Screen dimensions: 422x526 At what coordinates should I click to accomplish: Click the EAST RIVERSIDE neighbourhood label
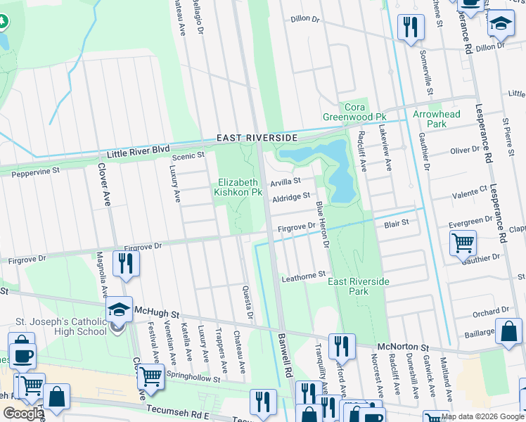coord(257,138)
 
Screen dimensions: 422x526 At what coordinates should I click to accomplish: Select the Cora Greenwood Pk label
coord(345,111)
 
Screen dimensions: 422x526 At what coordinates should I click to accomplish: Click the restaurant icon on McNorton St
coord(341,345)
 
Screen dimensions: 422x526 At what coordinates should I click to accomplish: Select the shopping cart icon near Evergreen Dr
coord(463,243)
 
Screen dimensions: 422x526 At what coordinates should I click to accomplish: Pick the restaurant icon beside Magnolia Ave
coord(127,263)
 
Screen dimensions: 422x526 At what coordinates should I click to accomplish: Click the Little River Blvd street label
coord(139,151)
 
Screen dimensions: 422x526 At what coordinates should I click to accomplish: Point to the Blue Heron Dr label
coord(323,224)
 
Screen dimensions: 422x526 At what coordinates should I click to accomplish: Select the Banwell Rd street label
coord(288,359)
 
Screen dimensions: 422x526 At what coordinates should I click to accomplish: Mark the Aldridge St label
coord(290,196)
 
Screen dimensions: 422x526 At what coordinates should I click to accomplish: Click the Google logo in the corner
coord(23,414)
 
